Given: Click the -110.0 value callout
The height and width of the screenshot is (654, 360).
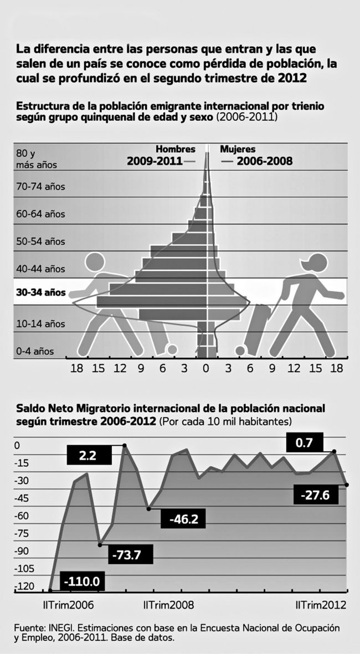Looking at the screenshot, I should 82,581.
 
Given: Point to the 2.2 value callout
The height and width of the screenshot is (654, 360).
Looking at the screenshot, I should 88,455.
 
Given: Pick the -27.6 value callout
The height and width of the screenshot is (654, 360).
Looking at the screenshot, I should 315,495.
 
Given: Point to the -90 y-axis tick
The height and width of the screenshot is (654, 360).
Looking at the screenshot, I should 24,551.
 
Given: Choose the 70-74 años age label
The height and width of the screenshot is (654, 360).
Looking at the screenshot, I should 40,187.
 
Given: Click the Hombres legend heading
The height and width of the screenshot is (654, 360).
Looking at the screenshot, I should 176,149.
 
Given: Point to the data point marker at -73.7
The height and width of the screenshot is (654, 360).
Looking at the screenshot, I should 100,545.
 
